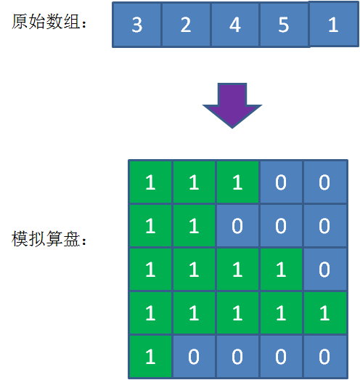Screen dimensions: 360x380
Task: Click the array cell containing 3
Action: (136, 25)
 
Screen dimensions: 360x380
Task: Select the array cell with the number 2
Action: (186, 25)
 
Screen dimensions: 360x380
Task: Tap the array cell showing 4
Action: (235, 25)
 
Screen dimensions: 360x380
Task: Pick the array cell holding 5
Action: (285, 25)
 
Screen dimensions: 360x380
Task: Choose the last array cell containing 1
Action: (334, 24)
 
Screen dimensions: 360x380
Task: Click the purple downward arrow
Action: (232, 105)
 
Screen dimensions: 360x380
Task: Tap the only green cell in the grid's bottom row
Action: (150, 357)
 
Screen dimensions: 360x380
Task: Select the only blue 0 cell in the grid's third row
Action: (324, 270)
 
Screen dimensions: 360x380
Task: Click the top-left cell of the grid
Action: (150, 182)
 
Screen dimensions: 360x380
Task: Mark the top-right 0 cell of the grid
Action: (324, 182)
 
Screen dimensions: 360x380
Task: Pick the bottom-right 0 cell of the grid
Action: (324, 357)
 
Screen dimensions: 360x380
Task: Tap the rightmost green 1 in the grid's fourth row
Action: (324, 313)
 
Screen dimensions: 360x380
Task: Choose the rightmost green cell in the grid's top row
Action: (237, 182)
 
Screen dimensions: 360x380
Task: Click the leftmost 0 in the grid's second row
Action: (237, 226)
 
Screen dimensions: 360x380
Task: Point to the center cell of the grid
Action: (237, 270)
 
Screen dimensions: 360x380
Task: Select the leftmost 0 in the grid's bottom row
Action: (194, 357)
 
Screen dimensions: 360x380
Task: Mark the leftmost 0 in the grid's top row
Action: (281, 182)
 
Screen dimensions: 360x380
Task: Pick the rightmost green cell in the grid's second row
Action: (194, 226)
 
